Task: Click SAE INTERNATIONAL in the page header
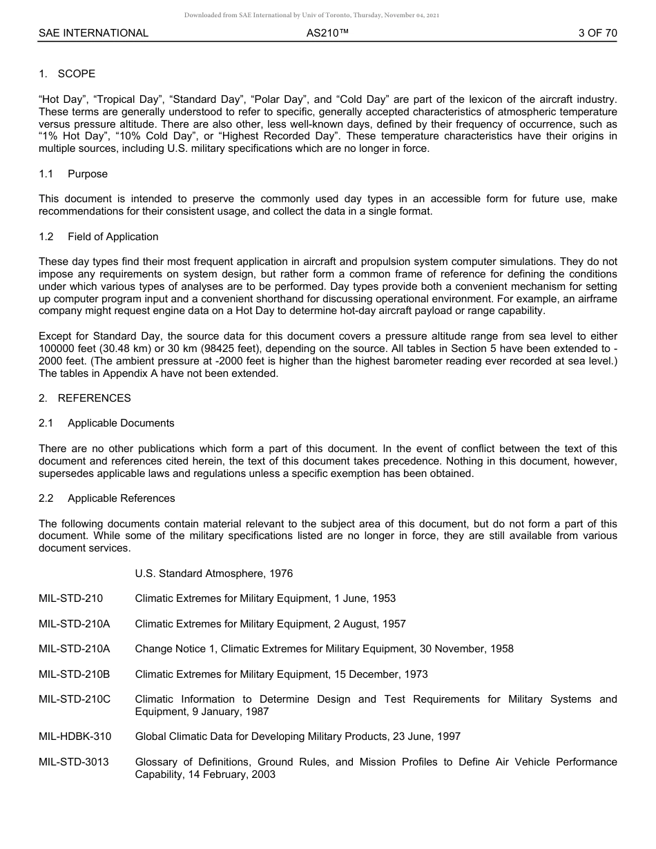point(93,33)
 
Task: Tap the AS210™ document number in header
point(327,33)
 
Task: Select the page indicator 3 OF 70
point(597,33)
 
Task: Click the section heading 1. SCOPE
point(67,74)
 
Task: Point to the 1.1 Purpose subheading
point(73,174)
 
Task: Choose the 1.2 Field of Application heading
point(99,237)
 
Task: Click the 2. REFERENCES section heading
point(84,398)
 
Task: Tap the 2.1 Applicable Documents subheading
point(106,423)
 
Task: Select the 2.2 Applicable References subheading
point(107,498)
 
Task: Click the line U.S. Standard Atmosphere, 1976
point(213,574)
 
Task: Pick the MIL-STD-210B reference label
point(74,674)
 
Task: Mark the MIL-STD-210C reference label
point(75,699)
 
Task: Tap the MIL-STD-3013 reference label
point(74,762)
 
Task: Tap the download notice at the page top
point(327,15)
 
